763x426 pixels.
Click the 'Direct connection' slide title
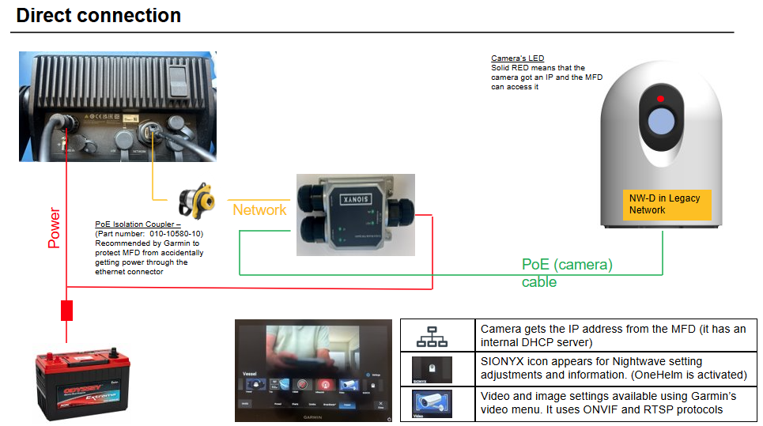98,15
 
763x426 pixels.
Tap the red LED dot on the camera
661,99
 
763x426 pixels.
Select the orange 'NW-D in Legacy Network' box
665,204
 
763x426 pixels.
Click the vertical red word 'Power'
55,228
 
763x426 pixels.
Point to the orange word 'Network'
259,209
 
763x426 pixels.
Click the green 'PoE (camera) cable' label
567,273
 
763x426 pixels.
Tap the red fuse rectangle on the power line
67,310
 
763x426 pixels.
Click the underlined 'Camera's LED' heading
517,58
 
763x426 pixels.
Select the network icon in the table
432,337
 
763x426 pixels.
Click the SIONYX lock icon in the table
432,369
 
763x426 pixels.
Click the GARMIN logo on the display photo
314,416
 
